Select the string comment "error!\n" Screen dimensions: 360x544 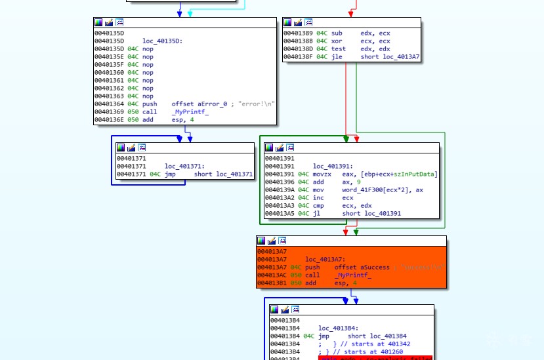pos(258,104)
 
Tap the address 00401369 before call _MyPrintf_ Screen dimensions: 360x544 pos(109,111)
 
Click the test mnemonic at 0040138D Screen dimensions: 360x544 pos(339,49)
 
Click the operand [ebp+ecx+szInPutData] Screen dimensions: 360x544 pos(399,174)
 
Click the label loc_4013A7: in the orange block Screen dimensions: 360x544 pos(325,260)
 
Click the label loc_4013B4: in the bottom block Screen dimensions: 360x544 pos(339,328)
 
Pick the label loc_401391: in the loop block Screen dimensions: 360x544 pos(333,166)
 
